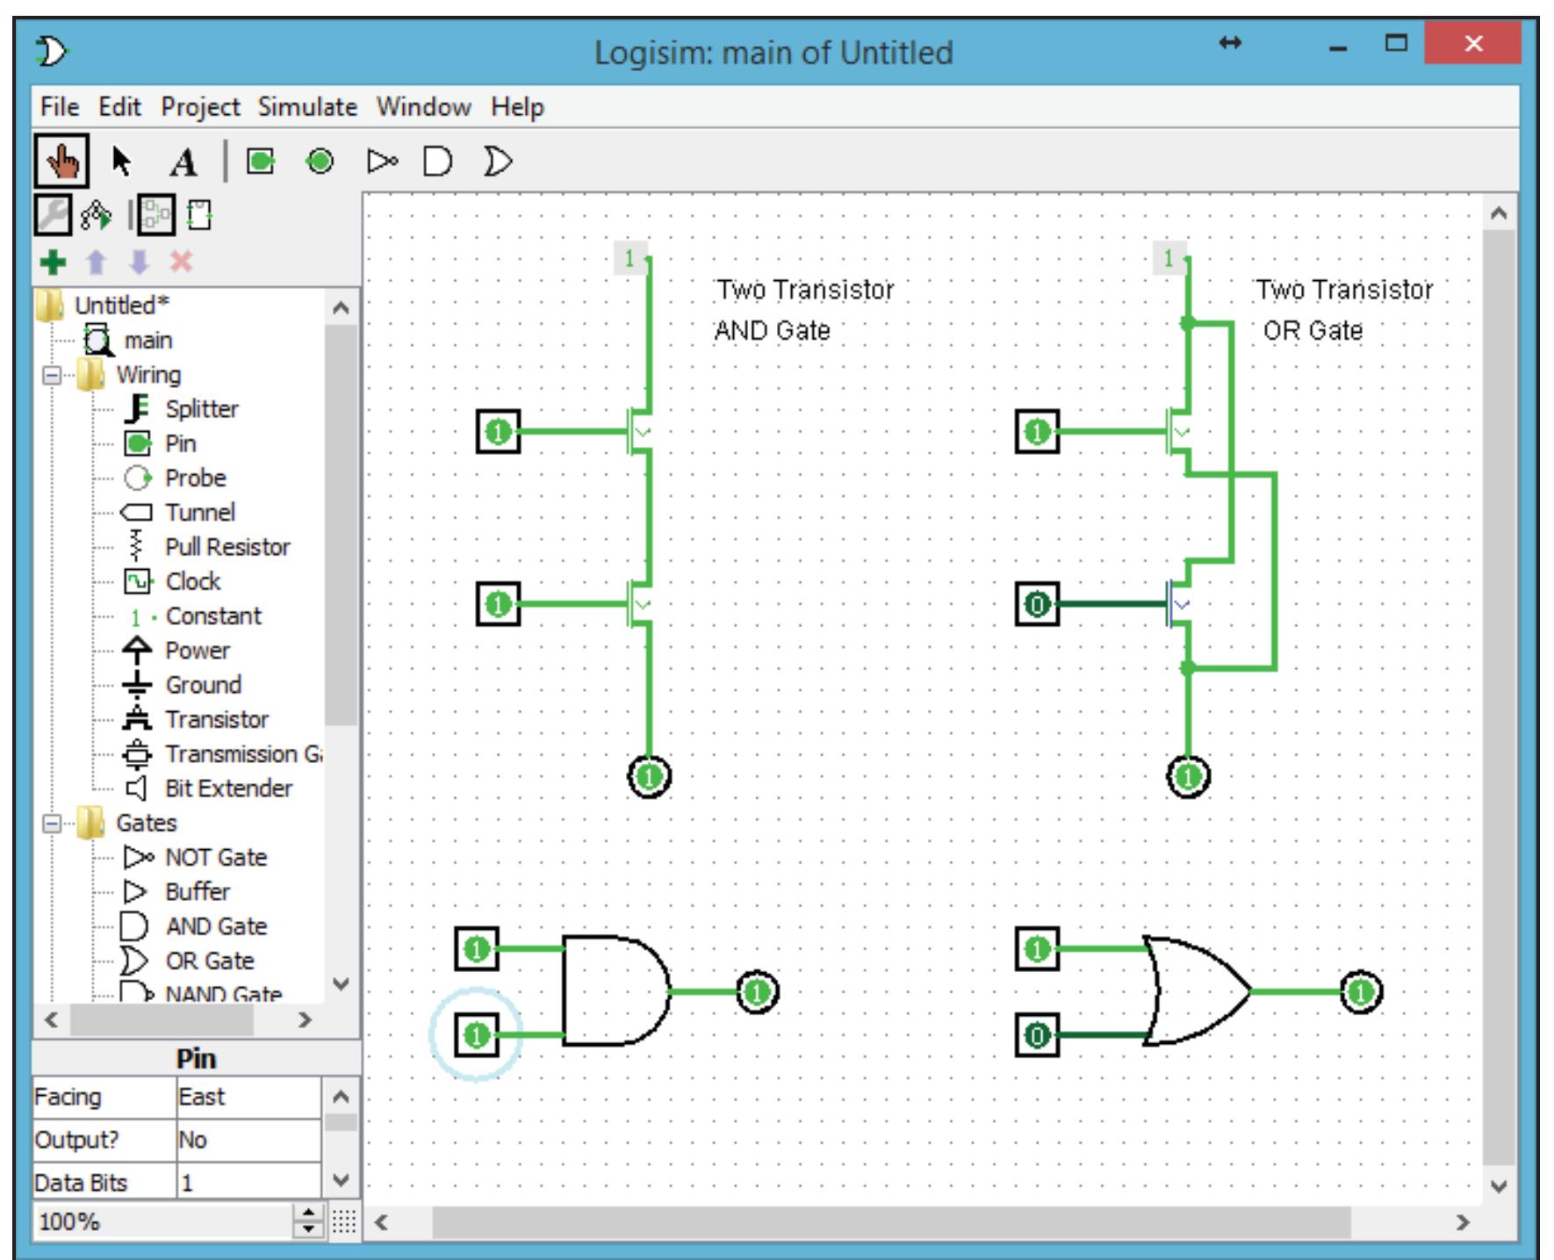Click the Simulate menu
click(x=307, y=107)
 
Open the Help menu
click(x=517, y=107)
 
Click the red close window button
click(x=1472, y=43)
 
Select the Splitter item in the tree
click(x=201, y=409)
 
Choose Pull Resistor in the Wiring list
click(x=227, y=547)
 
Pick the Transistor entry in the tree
click(x=216, y=719)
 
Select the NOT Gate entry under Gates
click(x=215, y=857)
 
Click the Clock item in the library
click(x=192, y=581)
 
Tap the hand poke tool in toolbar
click(x=61, y=162)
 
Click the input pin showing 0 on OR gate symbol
click(x=1037, y=1036)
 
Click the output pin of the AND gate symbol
click(x=757, y=993)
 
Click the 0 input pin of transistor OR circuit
click(x=1037, y=604)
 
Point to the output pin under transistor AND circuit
click(x=650, y=777)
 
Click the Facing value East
click(x=247, y=1098)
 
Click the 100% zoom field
click(x=162, y=1221)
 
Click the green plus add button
click(x=54, y=262)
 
